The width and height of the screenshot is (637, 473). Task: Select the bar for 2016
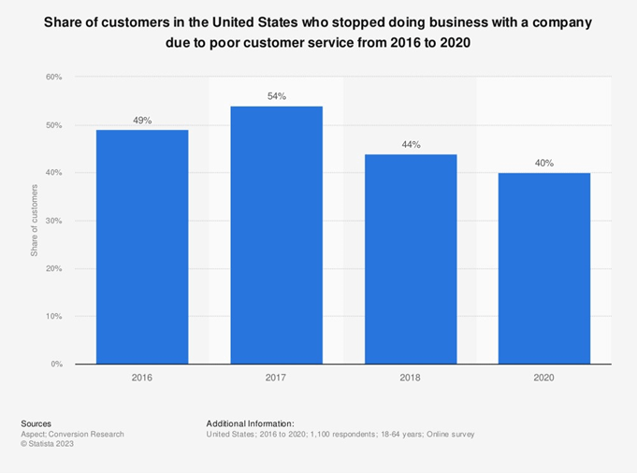tap(142, 247)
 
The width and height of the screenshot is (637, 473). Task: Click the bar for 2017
tap(276, 235)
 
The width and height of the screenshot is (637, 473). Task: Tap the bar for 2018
tap(411, 259)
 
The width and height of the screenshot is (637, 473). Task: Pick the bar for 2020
tap(544, 268)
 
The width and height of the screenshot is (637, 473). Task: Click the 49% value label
tap(142, 121)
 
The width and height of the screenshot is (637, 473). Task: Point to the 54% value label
tap(276, 96)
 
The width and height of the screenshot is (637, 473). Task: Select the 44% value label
tap(411, 145)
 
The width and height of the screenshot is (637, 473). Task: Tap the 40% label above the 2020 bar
tap(544, 164)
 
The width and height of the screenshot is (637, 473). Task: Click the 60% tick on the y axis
tap(54, 78)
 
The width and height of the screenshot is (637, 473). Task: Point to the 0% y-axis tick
tap(56, 364)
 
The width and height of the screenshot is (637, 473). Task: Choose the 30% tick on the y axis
tap(54, 221)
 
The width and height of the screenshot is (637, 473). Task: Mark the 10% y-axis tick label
tap(54, 316)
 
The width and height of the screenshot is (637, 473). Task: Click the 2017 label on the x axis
tap(276, 378)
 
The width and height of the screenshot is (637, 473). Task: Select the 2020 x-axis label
tap(544, 378)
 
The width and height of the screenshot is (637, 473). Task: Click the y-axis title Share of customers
tap(35, 221)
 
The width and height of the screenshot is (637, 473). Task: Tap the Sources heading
tap(36, 423)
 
